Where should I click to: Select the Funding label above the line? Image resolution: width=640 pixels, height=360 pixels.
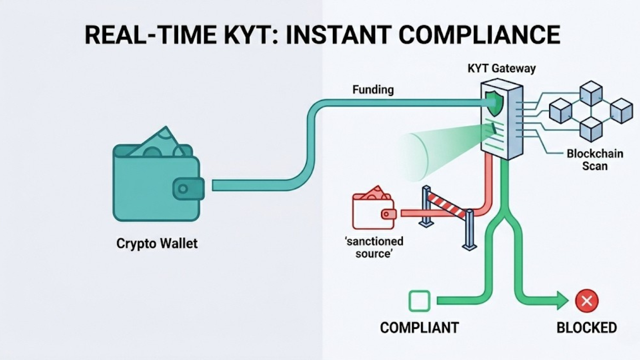coord(373,90)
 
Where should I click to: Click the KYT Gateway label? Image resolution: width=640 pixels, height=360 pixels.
coord(501,68)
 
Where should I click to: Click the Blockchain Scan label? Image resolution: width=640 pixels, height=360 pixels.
coord(595,160)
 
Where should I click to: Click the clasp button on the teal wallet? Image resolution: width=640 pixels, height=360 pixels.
coord(183,189)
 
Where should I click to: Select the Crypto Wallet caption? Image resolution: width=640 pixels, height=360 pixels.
coord(157,243)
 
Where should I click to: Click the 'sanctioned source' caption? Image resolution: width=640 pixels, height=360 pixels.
coord(374,247)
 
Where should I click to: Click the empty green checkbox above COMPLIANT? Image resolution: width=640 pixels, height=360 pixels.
coord(419,301)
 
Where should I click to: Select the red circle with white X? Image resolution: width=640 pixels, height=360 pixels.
coord(586,301)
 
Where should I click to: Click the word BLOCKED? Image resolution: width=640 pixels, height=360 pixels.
coord(586,328)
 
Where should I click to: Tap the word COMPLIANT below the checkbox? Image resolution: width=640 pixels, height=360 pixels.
coord(419,328)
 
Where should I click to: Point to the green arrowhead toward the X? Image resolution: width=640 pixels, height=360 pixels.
coord(562,301)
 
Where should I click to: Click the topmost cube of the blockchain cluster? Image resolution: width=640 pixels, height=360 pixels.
coord(591,93)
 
